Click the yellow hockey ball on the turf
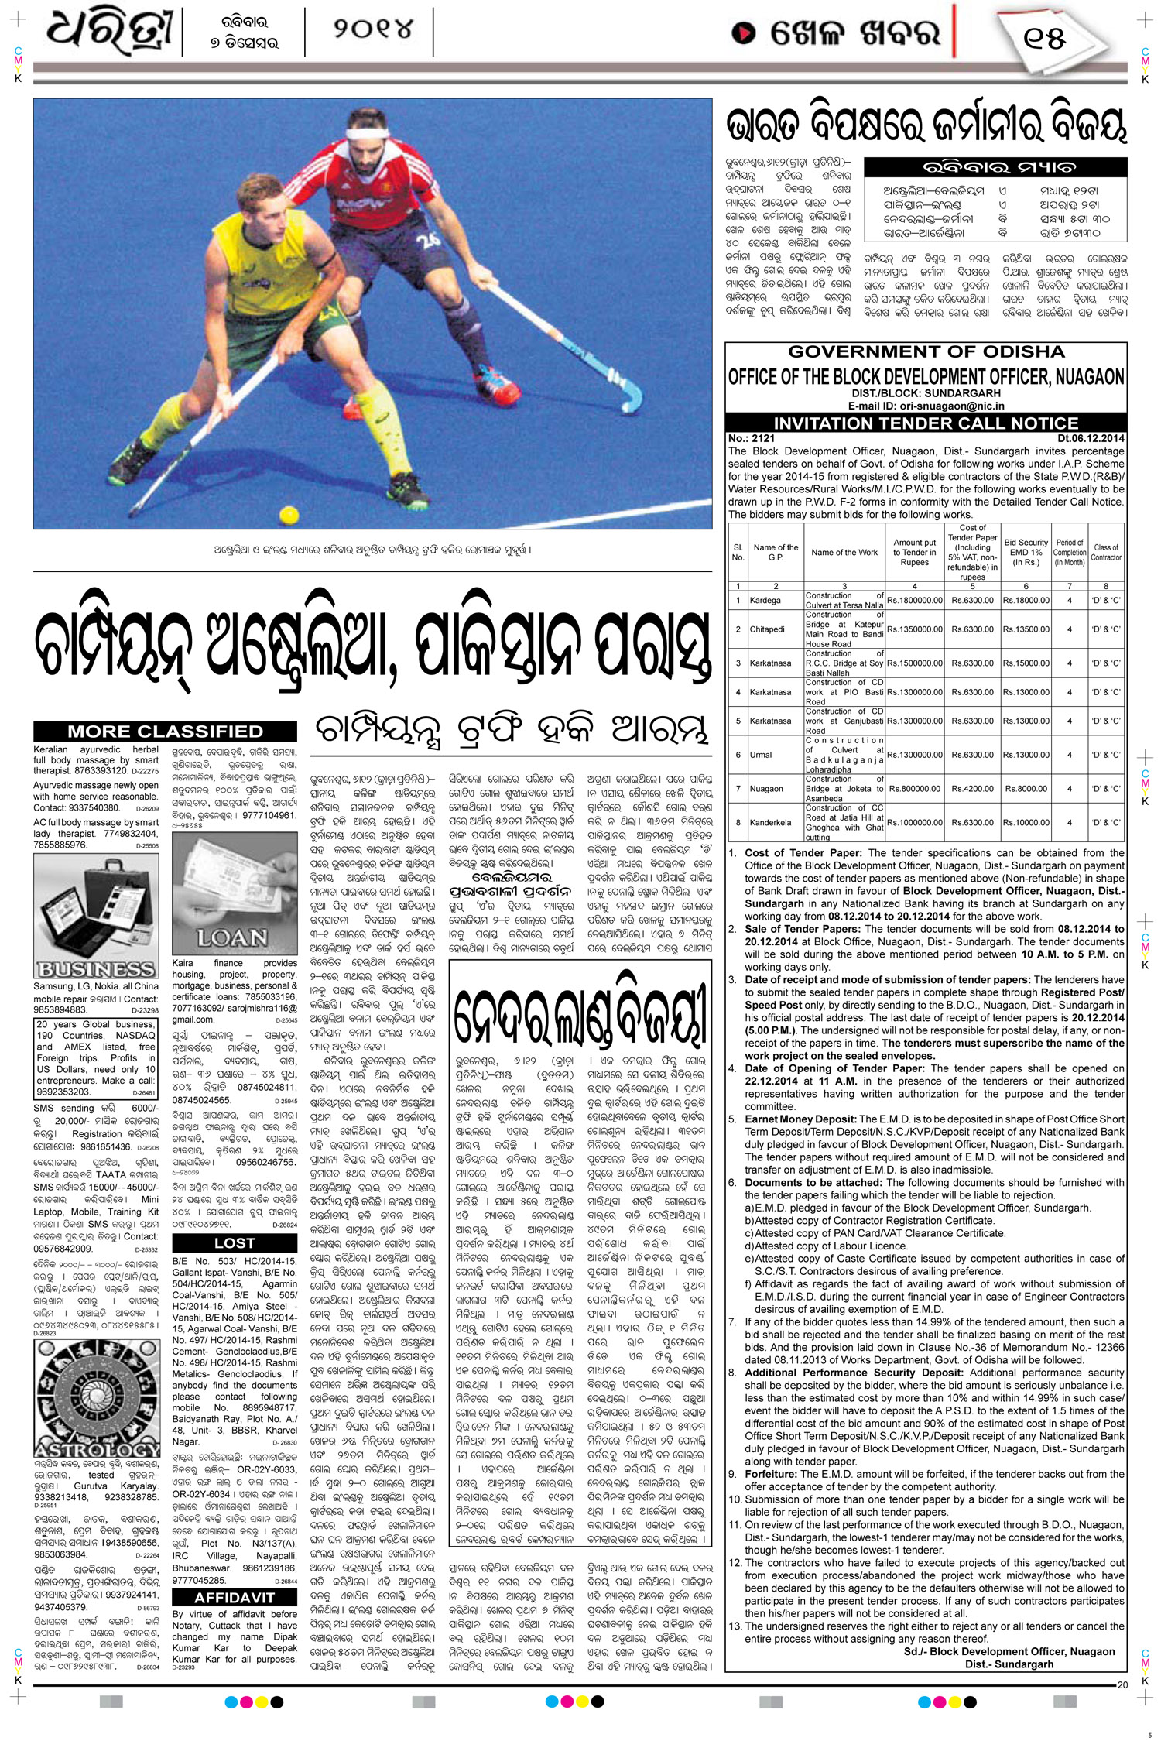point(289,514)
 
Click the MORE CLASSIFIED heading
point(165,732)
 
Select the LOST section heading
point(235,1242)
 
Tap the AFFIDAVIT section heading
point(235,1598)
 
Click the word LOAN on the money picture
point(232,938)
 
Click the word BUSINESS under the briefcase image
point(96,969)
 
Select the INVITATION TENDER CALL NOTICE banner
point(926,423)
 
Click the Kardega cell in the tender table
point(765,601)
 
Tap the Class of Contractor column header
point(1105,552)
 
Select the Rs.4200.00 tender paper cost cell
point(972,789)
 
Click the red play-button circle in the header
point(744,33)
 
